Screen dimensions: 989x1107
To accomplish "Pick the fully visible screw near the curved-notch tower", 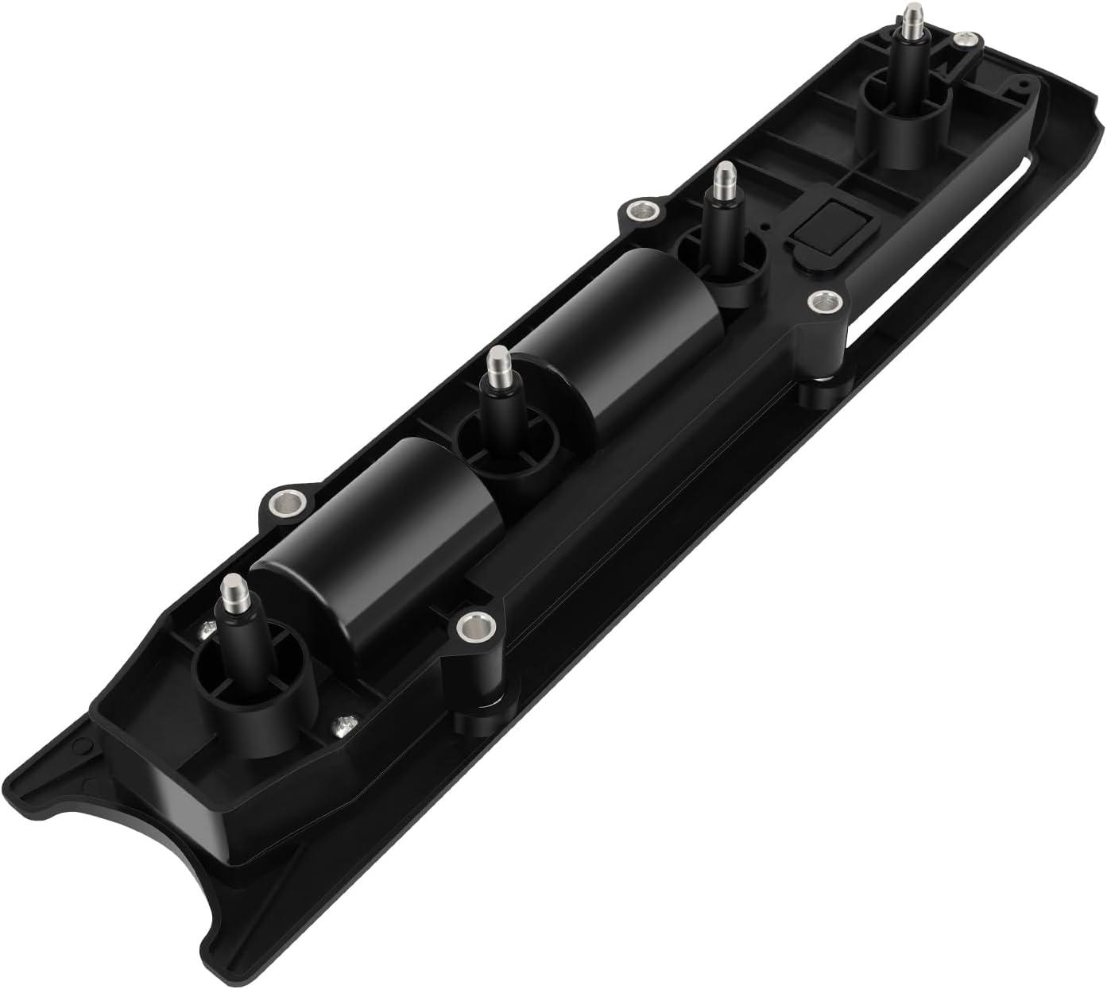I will [343, 724].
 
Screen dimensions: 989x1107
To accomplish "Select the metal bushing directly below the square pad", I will [825, 302].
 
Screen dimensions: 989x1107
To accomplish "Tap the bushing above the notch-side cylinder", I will [286, 503].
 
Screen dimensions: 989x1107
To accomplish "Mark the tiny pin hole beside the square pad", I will [765, 226].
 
